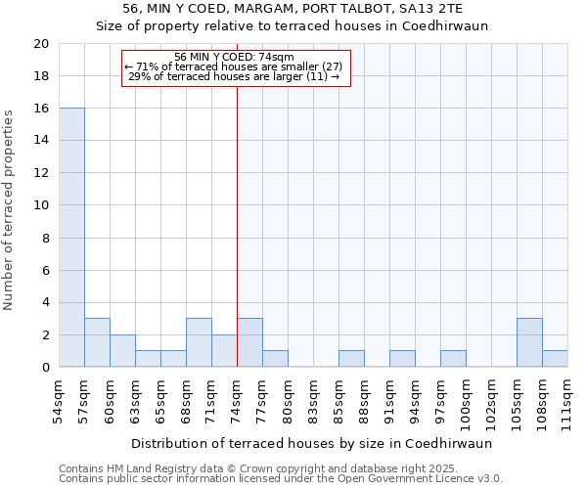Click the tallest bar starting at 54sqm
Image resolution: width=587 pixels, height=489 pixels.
(71, 238)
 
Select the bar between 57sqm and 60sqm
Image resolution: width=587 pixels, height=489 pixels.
(97, 342)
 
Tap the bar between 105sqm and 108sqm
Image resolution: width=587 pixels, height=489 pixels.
(529, 342)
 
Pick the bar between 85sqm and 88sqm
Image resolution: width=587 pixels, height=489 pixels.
(351, 359)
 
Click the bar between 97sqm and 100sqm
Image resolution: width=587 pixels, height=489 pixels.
(453, 359)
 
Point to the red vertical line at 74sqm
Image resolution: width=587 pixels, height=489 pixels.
(237, 225)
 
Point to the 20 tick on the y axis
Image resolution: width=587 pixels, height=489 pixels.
(40, 44)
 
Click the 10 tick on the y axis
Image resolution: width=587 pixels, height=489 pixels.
(40, 205)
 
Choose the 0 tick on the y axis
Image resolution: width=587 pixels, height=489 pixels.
(44, 368)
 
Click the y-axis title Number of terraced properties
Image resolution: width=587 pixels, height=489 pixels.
(10, 209)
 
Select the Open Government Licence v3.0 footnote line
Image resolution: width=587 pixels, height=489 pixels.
(280, 478)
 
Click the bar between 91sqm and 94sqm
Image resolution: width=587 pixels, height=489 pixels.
(402, 359)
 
